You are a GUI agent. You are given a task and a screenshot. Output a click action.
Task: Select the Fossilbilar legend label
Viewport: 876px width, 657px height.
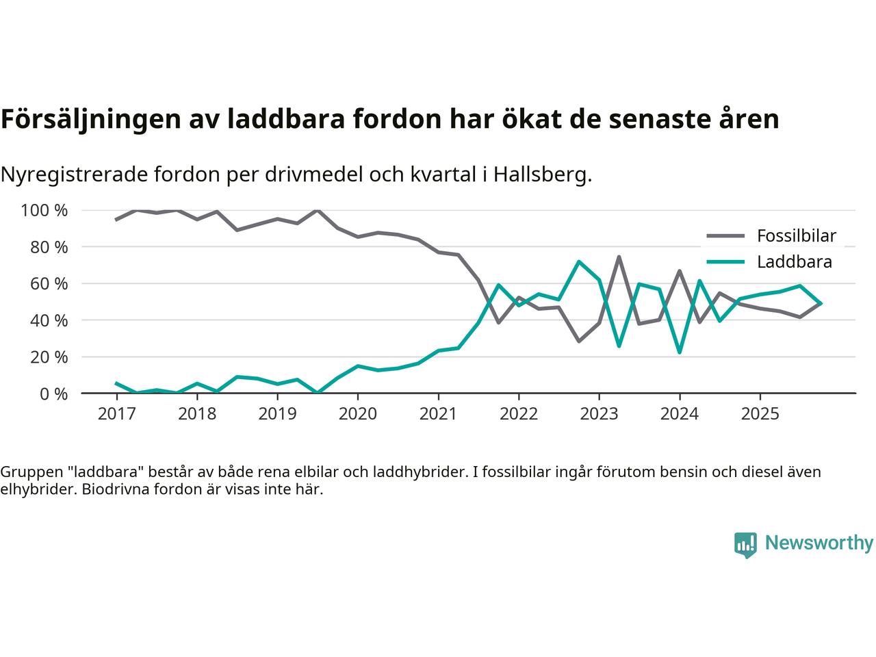pyautogui.click(x=796, y=236)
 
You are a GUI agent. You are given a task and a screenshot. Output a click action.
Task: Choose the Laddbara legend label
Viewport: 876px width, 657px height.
pyautogui.click(x=794, y=261)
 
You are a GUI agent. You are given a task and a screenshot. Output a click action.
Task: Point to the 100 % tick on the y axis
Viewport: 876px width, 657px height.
pyautogui.click(x=44, y=210)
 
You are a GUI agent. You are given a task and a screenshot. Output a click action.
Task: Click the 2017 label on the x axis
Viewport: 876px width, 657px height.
pyautogui.click(x=116, y=413)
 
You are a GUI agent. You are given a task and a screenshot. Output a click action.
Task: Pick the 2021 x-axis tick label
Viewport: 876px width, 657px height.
pyautogui.click(x=438, y=413)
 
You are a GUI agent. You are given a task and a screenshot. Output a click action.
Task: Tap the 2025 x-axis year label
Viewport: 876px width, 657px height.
pyautogui.click(x=760, y=413)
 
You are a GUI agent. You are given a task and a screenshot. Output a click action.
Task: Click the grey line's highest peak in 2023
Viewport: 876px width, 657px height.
pyautogui.click(x=619, y=257)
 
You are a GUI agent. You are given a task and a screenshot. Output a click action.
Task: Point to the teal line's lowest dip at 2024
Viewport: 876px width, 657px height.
pyautogui.click(x=679, y=352)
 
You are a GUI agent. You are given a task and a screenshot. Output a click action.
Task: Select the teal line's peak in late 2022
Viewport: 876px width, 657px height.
pyautogui.click(x=579, y=261)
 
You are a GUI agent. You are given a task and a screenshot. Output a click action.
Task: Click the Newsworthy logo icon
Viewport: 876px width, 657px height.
pyautogui.click(x=745, y=545)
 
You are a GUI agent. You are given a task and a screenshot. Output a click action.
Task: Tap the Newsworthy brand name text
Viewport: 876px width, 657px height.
pyautogui.click(x=819, y=543)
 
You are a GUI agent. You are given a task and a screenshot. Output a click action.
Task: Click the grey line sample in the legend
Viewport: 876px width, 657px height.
pyautogui.click(x=725, y=236)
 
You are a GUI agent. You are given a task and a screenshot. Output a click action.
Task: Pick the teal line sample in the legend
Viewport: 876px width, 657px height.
pyautogui.click(x=725, y=261)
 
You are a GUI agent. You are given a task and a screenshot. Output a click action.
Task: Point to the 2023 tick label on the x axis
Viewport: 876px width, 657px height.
pyautogui.click(x=599, y=413)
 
